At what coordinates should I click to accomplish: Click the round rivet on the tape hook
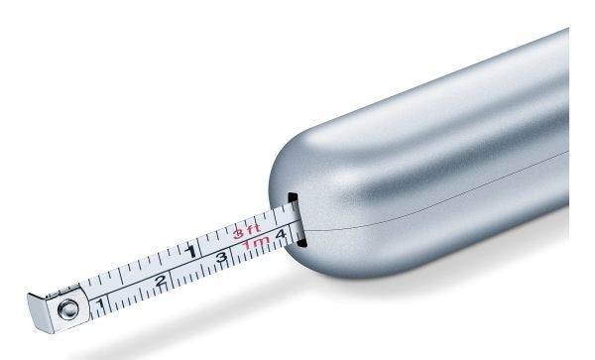[x=68, y=309]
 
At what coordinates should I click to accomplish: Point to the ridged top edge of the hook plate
[x=62, y=291]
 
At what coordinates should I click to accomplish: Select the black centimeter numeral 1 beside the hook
[x=100, y=303]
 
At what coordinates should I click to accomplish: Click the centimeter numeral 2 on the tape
[x=161, y=281]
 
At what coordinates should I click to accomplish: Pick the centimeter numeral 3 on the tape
[x=221, y=257]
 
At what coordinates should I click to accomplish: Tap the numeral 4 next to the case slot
[x=281, y=234]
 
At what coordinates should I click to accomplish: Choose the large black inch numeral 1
[x=191, y=251]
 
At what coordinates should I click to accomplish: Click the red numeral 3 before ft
[x=238, y=233]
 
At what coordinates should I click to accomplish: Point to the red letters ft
[x=253, y=228]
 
